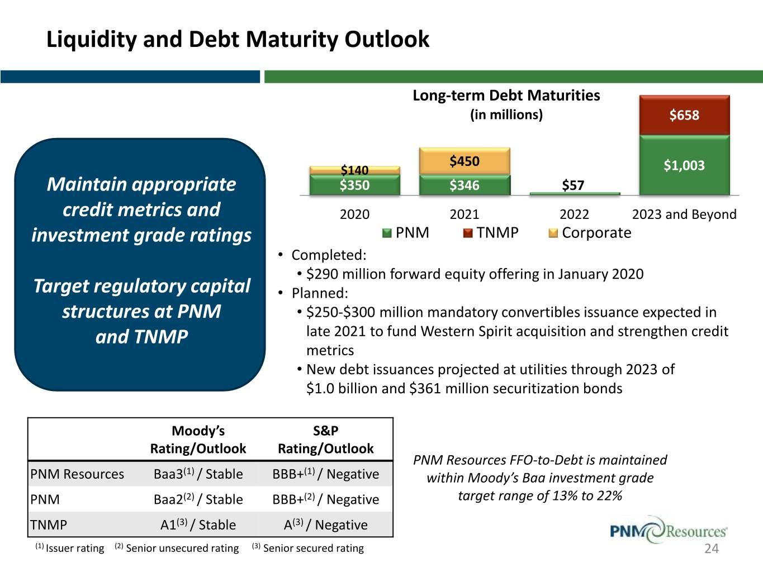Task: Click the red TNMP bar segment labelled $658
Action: [x=684, y=115]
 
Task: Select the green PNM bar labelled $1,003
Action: [x=684, y=165]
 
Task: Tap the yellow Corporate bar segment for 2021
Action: [x=465, y=161]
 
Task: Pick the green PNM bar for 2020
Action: [x=355, y=185]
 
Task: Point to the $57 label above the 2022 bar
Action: [x=573, y=185]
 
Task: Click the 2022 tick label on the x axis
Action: [x=574, y=214]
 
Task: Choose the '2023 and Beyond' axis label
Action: [x=684, y=214]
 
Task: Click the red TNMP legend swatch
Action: [x=468, y=233]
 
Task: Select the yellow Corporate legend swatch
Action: [x=553, y=233]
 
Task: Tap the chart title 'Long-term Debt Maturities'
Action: [x=506, y=96]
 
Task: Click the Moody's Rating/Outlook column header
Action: [x=198, y=440]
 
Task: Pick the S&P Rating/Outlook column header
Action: [x=325, y=440]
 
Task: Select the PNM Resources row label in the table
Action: [x=77, y=474]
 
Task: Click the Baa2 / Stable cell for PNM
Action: [x=198, y=499]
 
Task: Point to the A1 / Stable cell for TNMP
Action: [x=198, y=525]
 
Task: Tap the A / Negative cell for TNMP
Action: [x=325, y=525]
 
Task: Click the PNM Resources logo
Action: [x=668, y=530]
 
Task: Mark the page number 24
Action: [x=712, y=549]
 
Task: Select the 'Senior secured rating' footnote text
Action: [x=313, y=549]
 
